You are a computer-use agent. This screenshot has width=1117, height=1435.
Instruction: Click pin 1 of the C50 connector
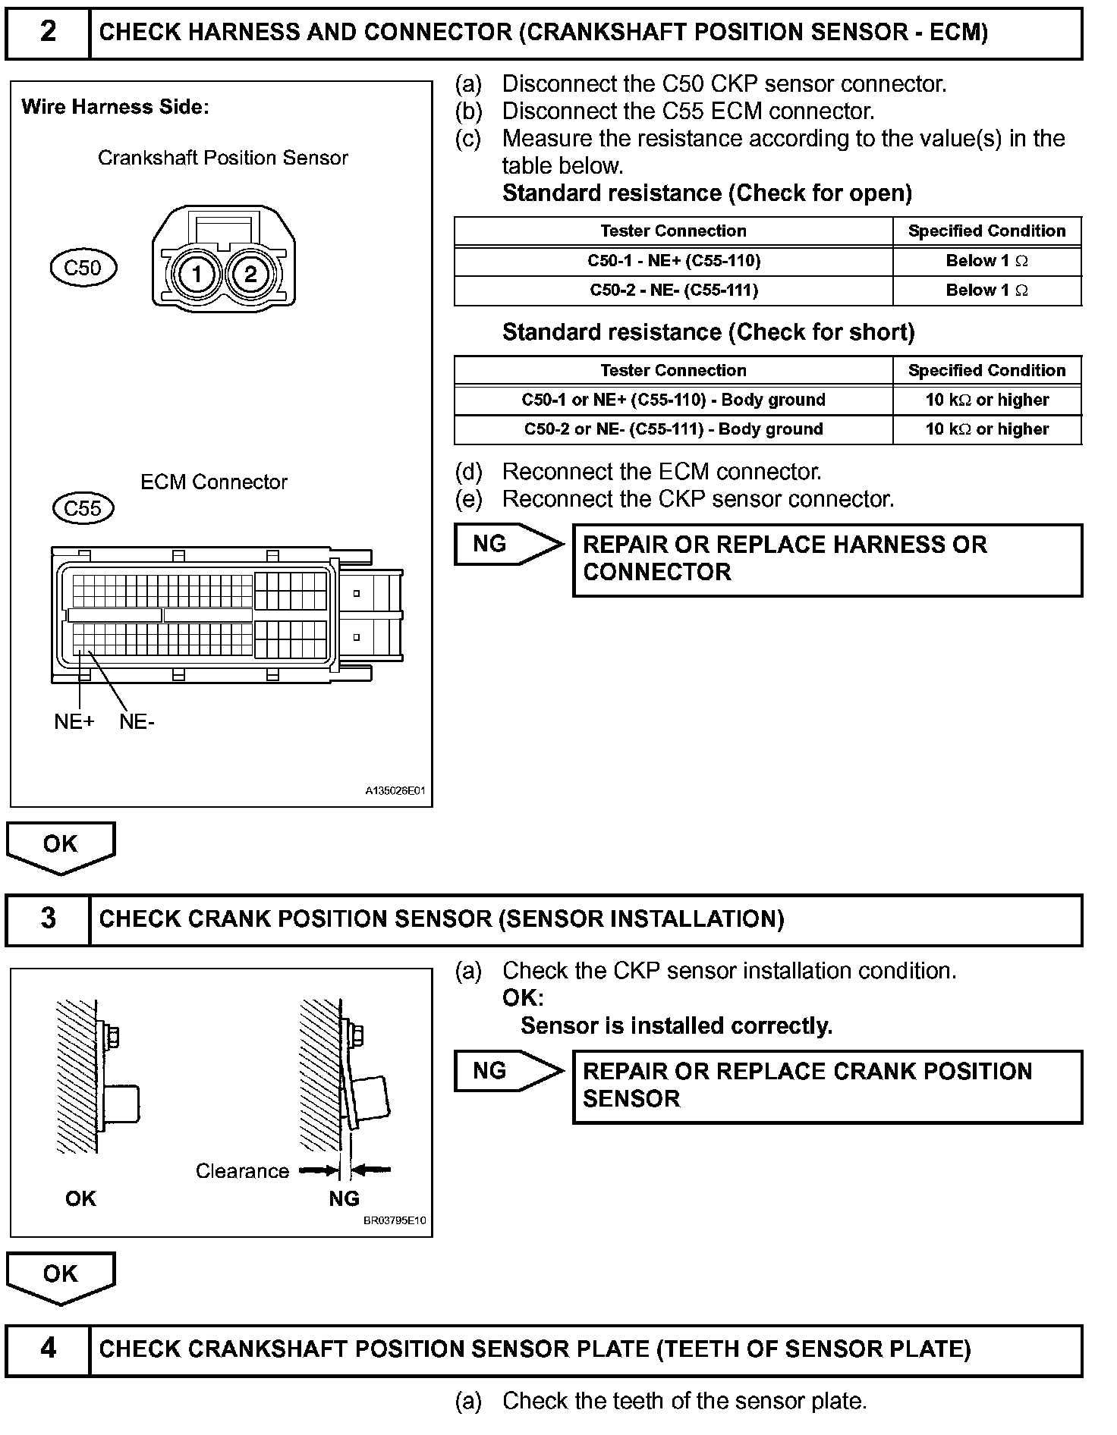click(197, 273)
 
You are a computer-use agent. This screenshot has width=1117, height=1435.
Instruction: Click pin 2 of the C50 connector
click(250, 273)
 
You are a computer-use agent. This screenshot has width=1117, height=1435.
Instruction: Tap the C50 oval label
click(83, 268)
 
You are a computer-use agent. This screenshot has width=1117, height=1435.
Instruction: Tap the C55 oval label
click(83, 508)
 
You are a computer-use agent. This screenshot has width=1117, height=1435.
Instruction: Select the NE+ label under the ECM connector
click(74, 722)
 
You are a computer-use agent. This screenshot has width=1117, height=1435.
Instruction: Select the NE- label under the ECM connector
click(137, 722)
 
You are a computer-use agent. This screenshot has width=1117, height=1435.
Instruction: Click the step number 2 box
click(48, 33)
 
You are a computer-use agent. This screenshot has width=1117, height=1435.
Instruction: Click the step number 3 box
click(48, 919)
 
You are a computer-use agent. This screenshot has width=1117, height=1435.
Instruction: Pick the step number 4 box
click(48, 1349)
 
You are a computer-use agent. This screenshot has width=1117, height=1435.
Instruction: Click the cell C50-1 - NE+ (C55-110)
click(674, 261)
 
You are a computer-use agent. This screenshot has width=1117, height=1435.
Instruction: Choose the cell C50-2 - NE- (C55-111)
click(674, 290)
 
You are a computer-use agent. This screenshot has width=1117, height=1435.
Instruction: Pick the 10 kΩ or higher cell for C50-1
click(986, 400)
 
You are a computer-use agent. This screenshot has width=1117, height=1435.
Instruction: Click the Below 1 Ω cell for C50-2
click(986, 290)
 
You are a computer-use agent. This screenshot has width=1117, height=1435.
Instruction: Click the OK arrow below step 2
click(61, 845)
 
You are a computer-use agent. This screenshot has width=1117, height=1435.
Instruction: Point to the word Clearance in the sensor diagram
click(242, 1171)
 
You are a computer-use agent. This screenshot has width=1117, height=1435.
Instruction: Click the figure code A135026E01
click(395, 791)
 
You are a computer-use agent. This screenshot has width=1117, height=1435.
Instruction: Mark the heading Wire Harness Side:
click(115, 107)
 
